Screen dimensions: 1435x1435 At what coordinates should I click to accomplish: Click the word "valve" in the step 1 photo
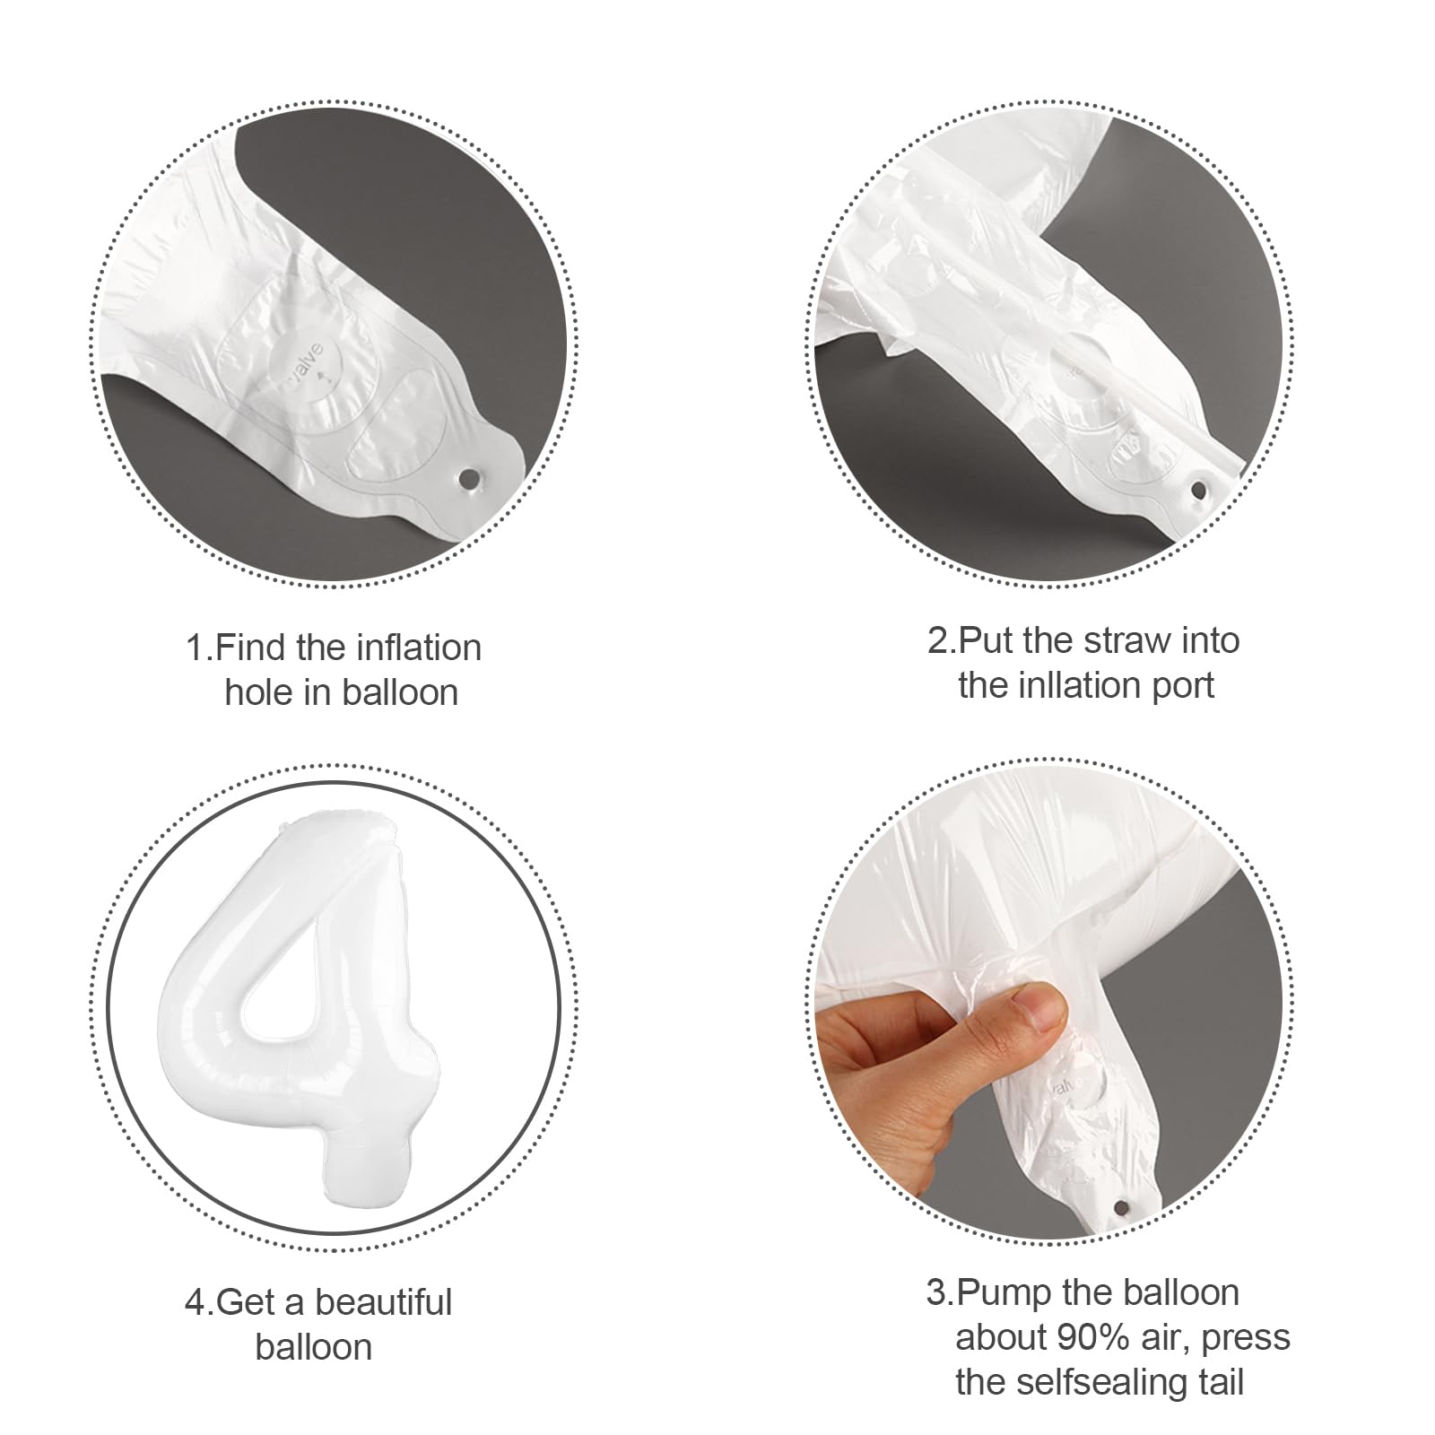302,357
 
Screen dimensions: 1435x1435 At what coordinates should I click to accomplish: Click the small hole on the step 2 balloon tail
1198,490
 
